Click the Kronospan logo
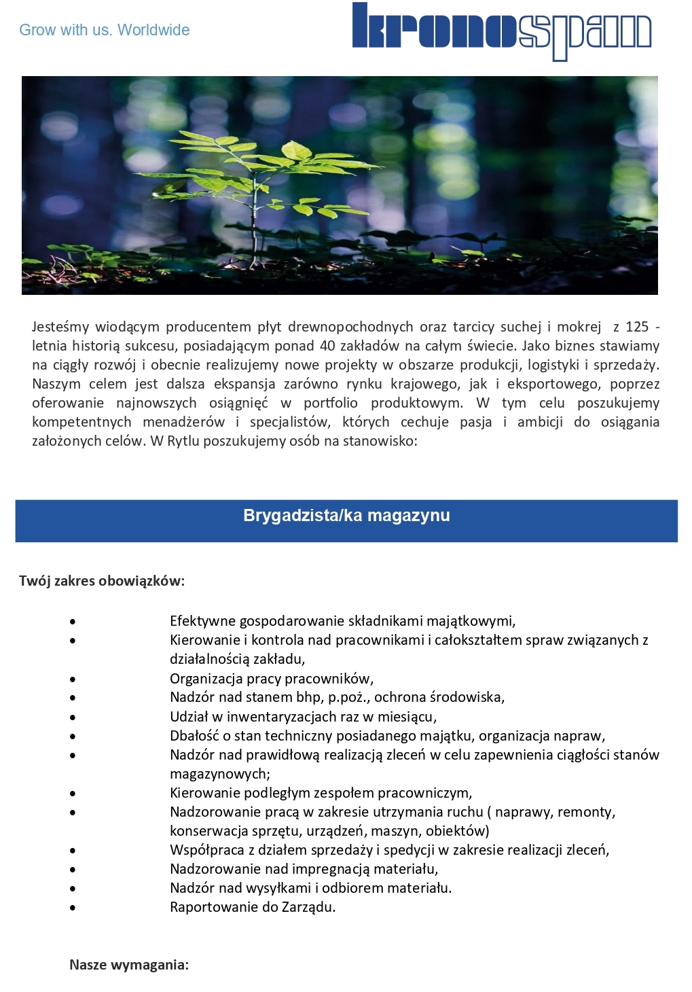click(x=502, y=31)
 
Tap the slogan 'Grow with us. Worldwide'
click(x=104, y=30)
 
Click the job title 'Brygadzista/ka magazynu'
click(x=346, y=516)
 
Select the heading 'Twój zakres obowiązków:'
click(x=102, y=581)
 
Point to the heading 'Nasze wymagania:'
click(x=129, y=965)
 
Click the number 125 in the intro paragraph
click(x=637, y=327)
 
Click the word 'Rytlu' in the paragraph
click(x=183, y=441)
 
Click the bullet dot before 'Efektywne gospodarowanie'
click(x=72, y=622)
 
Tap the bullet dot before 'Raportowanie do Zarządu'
click(x=72, y=908)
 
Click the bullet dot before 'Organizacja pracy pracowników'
click(x=72, y=679)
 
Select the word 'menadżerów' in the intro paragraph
click(x=183, y=422)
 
